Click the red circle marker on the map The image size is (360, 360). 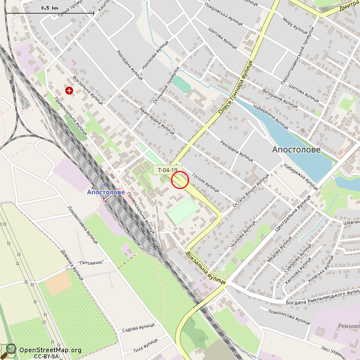179,179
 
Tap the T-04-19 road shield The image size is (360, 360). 167,170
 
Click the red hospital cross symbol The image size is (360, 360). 69,90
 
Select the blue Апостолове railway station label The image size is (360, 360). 106,192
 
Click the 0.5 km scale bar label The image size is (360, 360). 49,8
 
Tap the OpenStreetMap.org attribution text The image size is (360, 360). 50,350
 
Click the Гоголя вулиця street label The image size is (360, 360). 205,183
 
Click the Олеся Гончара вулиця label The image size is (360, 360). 237,91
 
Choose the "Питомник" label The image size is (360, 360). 91,262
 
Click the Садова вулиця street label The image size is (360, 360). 138,327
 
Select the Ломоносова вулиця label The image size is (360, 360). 289,317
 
